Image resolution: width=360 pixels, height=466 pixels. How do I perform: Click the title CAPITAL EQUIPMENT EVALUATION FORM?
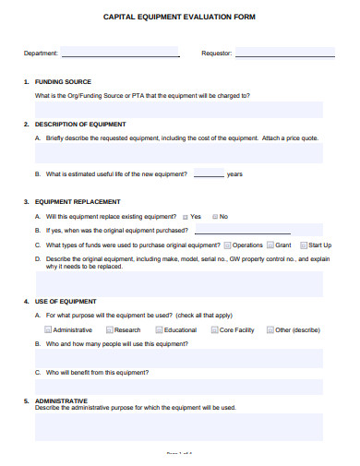point(180,17)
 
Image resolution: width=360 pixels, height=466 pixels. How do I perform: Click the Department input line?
point(120,54)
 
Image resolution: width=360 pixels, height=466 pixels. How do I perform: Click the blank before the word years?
point(209,174)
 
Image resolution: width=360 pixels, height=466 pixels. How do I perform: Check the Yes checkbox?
point(186,216)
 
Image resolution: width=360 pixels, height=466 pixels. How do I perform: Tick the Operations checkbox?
point(228,245)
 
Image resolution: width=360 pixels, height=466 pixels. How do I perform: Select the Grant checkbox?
point(270,245)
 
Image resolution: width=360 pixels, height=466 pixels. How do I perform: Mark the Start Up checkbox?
point(303,245)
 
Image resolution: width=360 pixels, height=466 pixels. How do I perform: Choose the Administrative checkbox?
point(48,329)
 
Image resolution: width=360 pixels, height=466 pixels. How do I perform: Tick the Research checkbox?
point(110,329)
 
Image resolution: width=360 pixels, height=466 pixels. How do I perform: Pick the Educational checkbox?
point(160,329)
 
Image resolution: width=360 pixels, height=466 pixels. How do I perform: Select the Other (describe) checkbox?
point(270,329)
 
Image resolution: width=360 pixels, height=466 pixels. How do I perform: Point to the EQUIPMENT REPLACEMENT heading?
point(78,201)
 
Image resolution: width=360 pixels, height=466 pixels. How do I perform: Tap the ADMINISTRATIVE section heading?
point(61,400)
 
